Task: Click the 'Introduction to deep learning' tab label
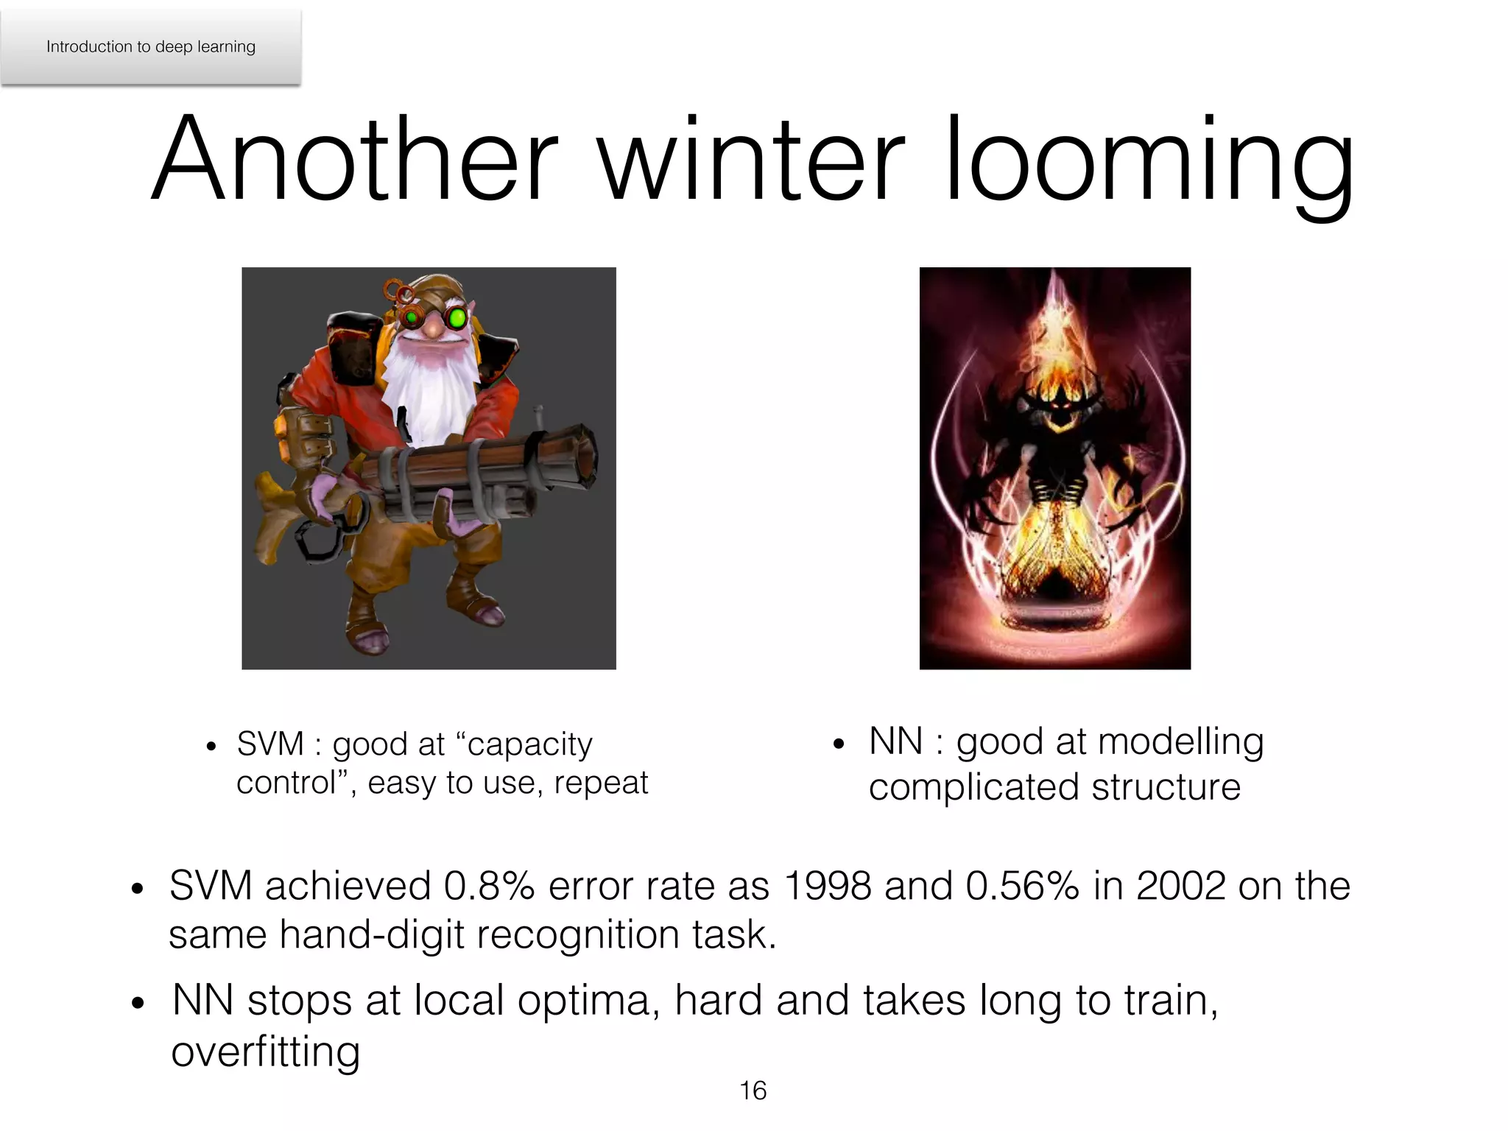[x=151, y=46]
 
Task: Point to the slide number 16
[x=753, y=1091]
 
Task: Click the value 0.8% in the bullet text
[x=489, y=886]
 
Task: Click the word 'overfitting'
[x=266, y=1051]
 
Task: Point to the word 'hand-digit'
[x=372, y=935]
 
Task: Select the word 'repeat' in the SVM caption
[x=601, y=783]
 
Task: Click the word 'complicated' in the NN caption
[x=973, y=787]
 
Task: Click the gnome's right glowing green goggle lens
[x=457, y=319]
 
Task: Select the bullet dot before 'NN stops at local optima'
[x=138, y=1003]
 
